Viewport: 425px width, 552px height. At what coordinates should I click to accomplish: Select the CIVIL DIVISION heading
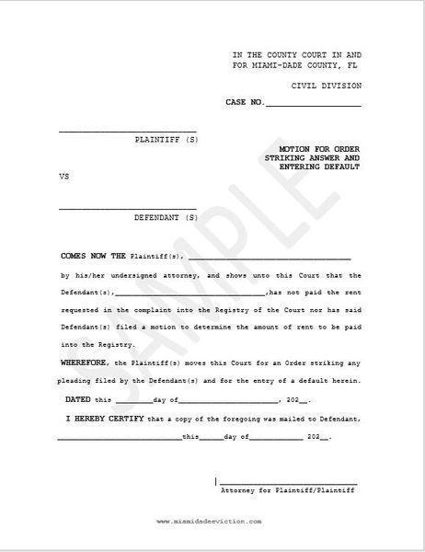(326, 85)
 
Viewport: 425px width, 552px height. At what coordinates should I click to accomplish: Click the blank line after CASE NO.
(313, 104)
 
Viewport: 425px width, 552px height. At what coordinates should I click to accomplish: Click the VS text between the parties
(63, 174)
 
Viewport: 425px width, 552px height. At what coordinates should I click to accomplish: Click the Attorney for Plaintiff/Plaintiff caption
(287, 491)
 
